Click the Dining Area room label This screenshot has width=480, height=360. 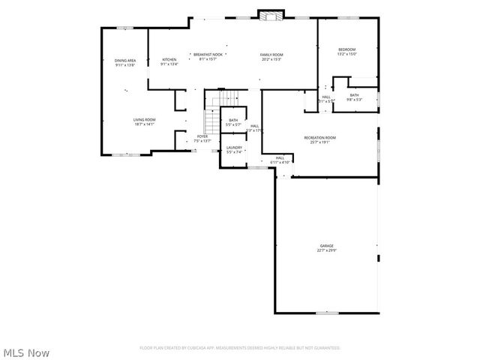(125, 60)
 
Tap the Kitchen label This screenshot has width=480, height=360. (169, 59)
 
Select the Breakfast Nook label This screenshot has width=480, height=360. (208, 55)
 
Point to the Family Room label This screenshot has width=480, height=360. (271, 55)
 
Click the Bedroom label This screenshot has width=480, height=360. (346, 49)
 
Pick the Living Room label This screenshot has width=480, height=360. (144, 120)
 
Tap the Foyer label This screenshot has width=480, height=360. (202, 136)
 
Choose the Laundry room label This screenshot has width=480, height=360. (234, 148)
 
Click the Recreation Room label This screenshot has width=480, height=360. (319, 138)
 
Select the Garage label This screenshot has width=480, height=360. (327, 245)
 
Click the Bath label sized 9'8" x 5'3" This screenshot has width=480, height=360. (354, 95)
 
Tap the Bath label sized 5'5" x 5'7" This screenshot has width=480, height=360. (233, 121)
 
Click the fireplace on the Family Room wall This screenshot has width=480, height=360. (270, 14)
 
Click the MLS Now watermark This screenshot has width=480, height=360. (27, 352)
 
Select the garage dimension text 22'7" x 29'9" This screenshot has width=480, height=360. (327, 250)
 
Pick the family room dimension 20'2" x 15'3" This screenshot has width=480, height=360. (271, 60)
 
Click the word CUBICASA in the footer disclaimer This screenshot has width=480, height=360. (196, 348)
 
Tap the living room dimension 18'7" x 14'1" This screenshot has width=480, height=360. (144, 124)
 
